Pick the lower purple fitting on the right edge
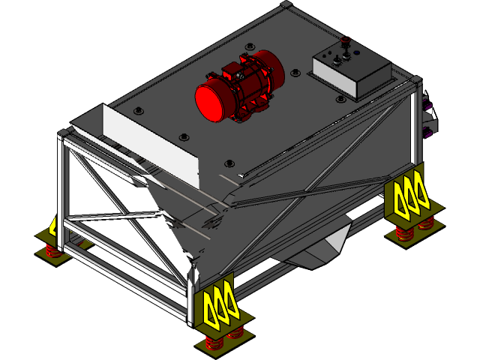(430, 132)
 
